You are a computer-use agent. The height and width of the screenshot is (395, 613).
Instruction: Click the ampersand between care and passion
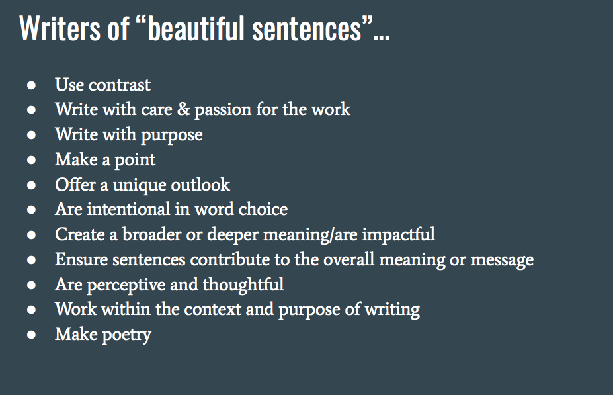tap(183, 110)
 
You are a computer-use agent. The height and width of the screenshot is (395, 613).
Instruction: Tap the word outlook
tap(200, 185)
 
